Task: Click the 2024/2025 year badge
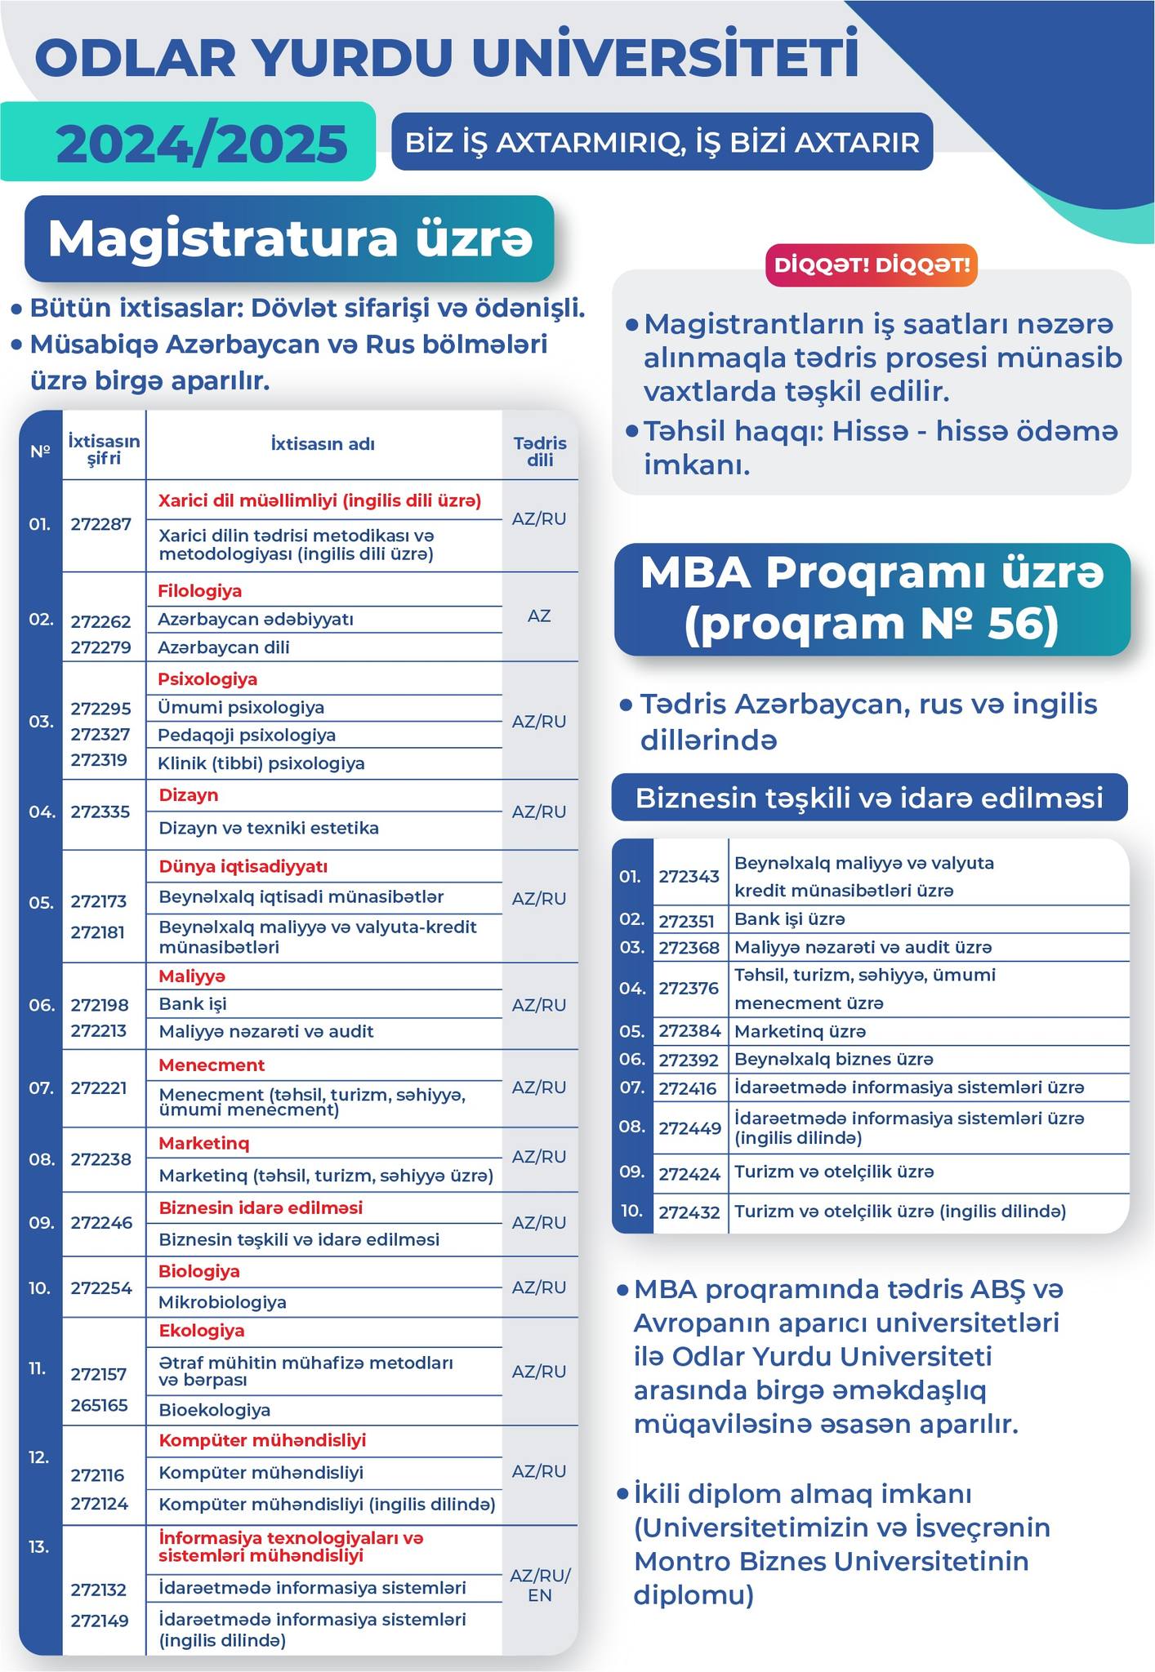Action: [201, 144]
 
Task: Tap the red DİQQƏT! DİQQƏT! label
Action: [871, 265]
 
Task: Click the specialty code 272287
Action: [100, 524]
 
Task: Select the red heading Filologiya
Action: [199, 590]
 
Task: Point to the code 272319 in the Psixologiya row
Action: [99, 760]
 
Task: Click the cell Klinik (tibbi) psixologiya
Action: [261, 763]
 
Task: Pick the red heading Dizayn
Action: [188, 794]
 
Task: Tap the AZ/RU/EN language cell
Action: [540, 1585]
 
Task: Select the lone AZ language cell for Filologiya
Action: [539, 616]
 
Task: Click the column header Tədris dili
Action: [540, 451]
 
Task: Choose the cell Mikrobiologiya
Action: [222, 1302]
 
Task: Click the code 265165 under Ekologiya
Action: [99, 1405]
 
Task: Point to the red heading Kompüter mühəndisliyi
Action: [261, 1440]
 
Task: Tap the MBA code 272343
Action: [689, 876]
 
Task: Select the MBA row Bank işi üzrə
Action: [789, 919]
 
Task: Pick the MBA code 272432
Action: [689, 1212]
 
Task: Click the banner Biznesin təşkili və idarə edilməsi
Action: [869, 798]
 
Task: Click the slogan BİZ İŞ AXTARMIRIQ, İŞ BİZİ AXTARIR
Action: [662, 142]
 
